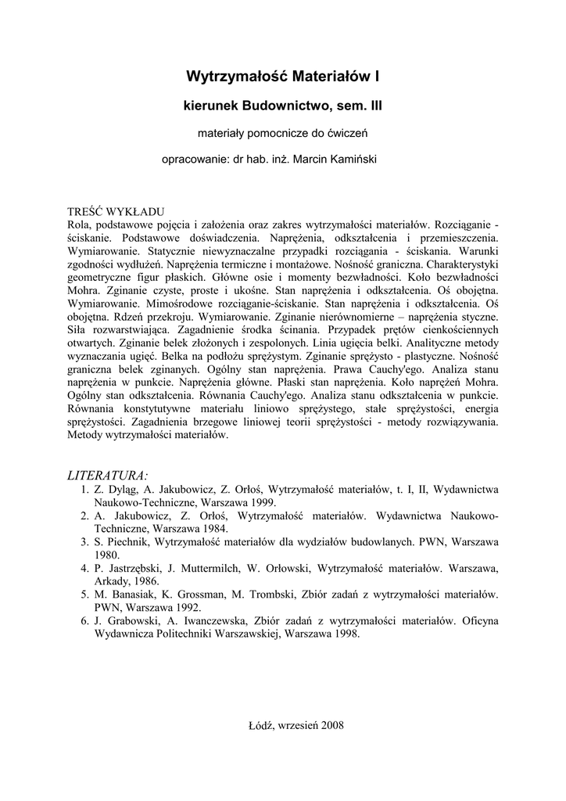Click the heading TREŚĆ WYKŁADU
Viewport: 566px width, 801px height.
(116, 211)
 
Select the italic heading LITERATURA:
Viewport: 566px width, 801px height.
(109, 475)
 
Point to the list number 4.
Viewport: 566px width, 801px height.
(84, 568)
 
